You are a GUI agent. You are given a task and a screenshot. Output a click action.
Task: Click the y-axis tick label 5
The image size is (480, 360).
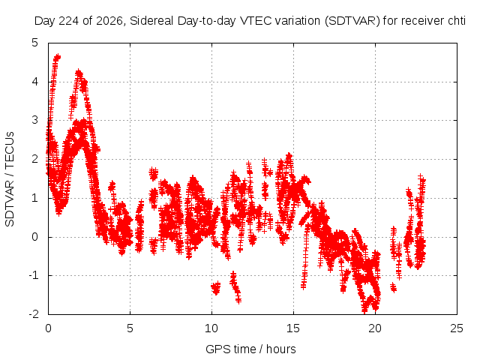click(x=35, y=43)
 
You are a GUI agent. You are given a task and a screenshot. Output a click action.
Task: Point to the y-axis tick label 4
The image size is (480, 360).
click(x=35, y=82)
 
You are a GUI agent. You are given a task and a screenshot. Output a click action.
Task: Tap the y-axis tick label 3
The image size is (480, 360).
click(x=35, y=120)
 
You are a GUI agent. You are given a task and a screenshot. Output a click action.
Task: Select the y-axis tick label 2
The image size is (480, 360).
click(x=35, y=159)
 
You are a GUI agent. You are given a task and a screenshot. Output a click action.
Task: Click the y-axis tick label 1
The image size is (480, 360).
click(x=35, y=198)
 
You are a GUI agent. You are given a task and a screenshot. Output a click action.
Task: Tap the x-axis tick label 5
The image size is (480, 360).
click(x=130, y=328)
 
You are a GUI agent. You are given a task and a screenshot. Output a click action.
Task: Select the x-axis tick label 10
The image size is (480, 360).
click(x=211, y=328)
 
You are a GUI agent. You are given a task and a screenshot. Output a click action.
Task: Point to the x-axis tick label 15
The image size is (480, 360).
click(x=293, y=328)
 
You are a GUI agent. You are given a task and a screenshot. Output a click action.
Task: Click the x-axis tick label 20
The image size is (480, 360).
click(x=375, y=328)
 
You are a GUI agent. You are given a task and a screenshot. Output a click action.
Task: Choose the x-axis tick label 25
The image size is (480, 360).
click(x=457, y=328)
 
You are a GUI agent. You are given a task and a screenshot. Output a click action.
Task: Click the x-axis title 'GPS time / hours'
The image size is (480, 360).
click(x=250, y=349)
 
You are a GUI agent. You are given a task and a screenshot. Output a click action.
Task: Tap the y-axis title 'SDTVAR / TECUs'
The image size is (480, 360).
click(x=10, y=179)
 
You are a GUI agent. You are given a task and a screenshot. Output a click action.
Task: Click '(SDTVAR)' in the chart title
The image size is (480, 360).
click(x=352, y=21)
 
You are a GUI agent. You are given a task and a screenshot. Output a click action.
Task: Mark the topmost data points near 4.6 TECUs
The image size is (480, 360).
click(x=57, y=57)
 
